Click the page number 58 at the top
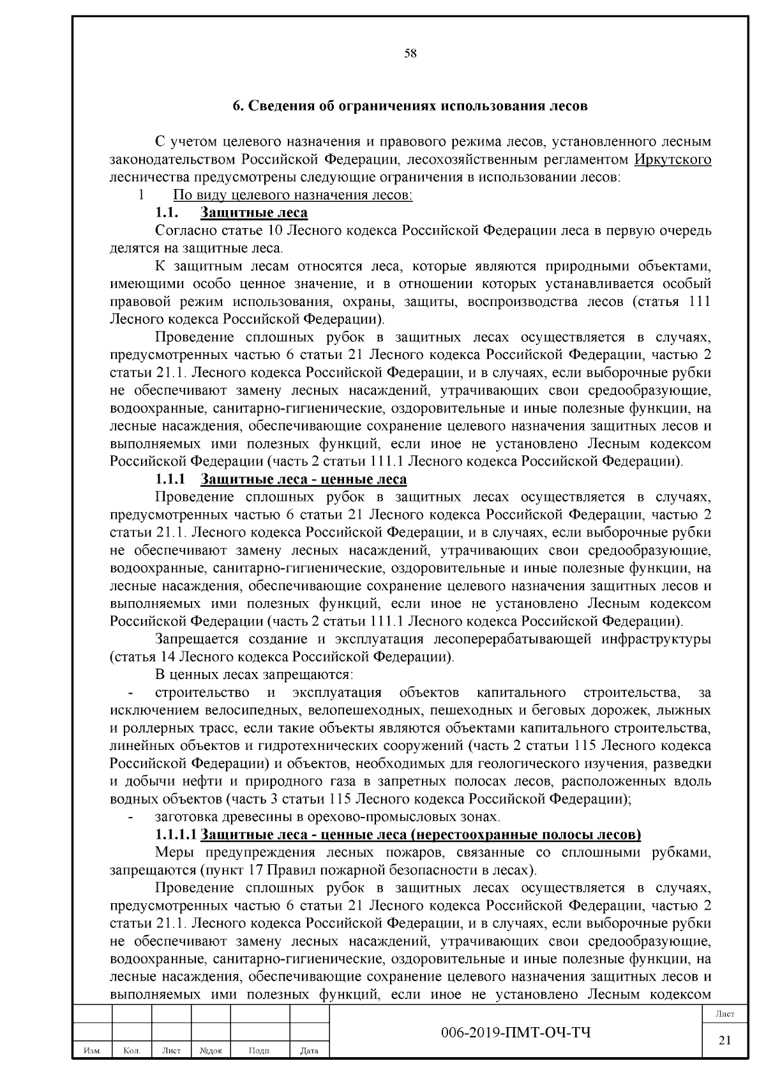click(x=410, y=54)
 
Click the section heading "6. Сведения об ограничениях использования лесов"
click(x=410, y=106)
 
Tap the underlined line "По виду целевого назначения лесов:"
click(x=293, y=195)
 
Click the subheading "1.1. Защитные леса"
click(x=232, y=213)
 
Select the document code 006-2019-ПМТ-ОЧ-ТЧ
click(x=516, y=1033)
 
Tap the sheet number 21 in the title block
click(x=725, y=1040)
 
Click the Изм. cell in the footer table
click(x=92, y=1050)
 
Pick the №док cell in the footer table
click(x=210, y=1050)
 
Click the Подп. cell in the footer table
click(x=259, y=1050)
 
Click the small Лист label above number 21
click(x=725, y=1014)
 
